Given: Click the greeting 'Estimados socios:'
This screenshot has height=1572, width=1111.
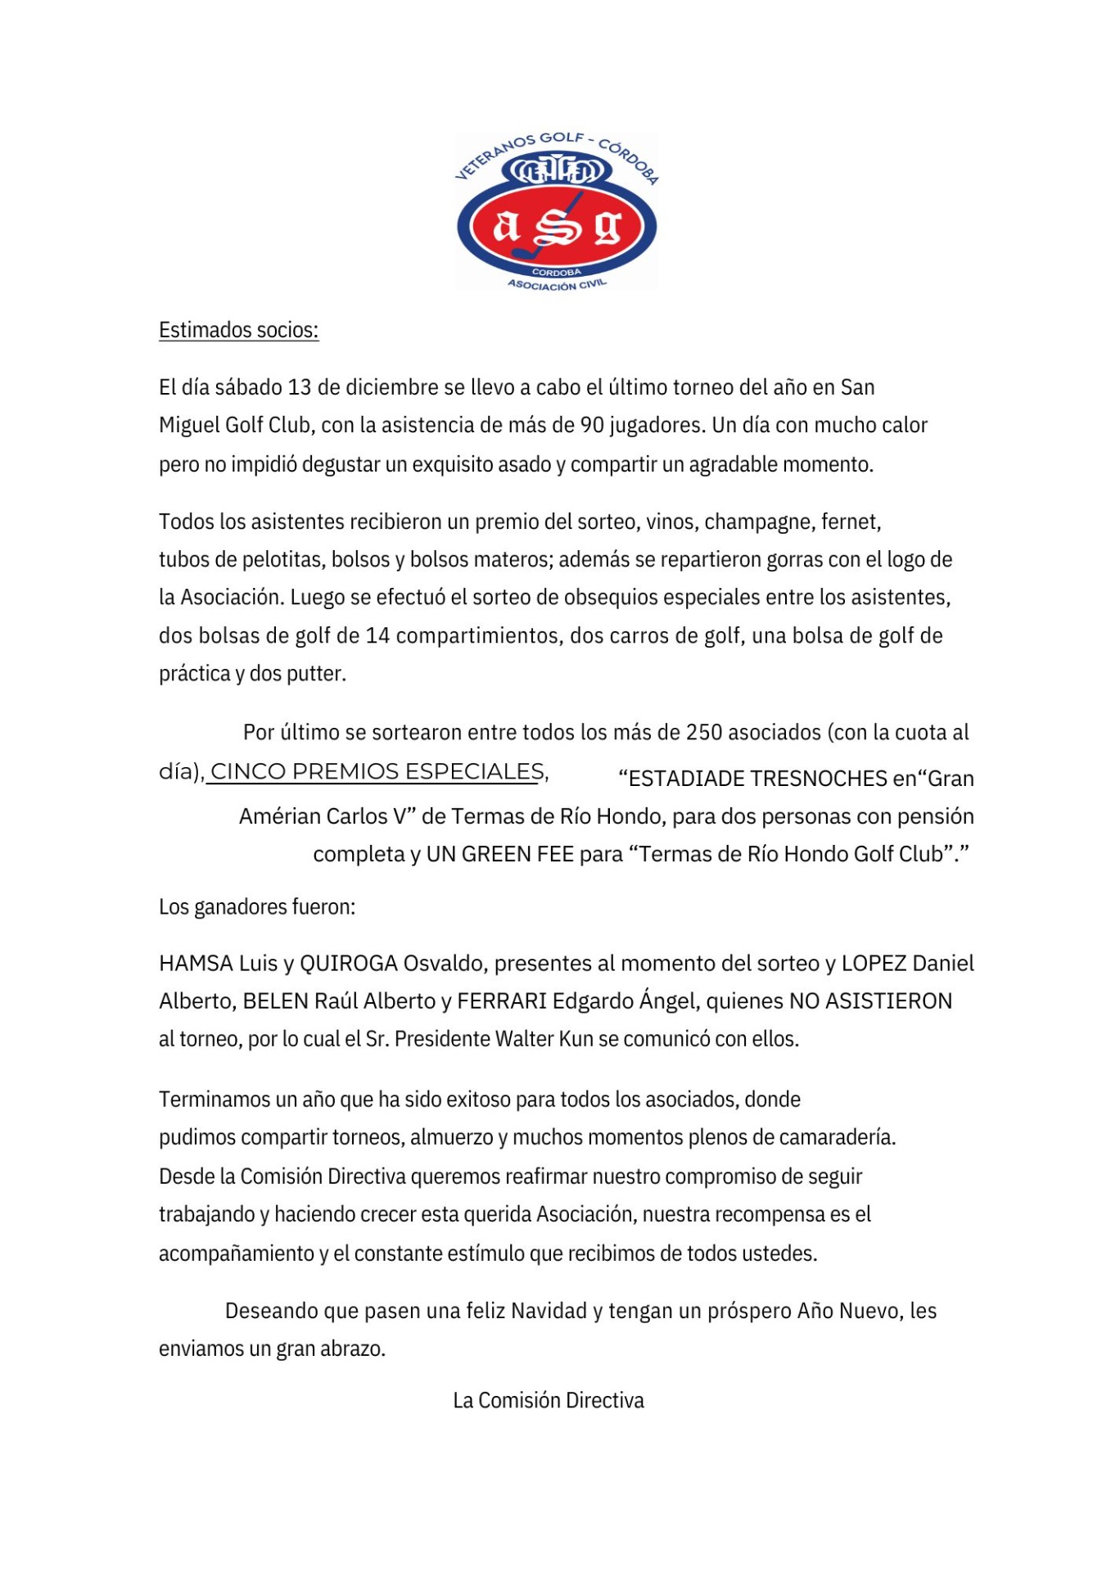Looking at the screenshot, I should [238, 330].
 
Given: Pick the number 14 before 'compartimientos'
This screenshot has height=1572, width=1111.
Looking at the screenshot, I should [377, 636].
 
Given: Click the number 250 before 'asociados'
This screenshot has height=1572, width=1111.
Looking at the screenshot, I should [704, 732].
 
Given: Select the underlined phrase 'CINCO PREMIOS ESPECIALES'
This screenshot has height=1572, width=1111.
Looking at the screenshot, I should [377, 771].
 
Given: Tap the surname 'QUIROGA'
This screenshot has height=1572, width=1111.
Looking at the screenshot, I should [349, 964].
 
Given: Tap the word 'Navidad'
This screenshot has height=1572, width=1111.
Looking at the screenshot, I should [549, 1311].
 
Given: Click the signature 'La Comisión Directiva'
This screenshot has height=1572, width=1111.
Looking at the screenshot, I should [549, 1400].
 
